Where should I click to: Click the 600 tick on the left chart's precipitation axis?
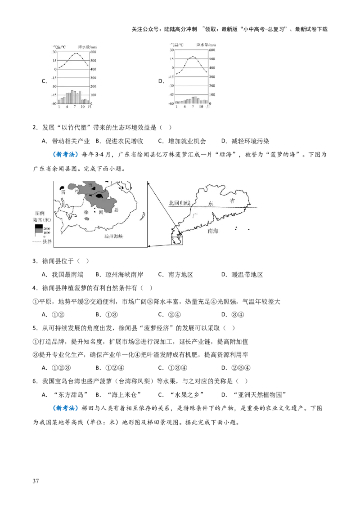coord(93,52)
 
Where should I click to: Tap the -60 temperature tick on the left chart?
coord(54,103)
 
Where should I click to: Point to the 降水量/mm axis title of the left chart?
coord(87,46)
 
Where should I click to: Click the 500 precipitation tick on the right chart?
coord(211,59)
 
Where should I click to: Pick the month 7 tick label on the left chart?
coord(75,107)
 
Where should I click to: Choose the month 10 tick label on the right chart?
coord(200,107)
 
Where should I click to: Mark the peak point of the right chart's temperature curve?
coord(193,57)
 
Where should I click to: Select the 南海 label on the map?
coord(213,231)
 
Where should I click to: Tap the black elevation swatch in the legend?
coord(39,227)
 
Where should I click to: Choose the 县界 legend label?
coord(47,241)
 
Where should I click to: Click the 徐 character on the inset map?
coord(85,212)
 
